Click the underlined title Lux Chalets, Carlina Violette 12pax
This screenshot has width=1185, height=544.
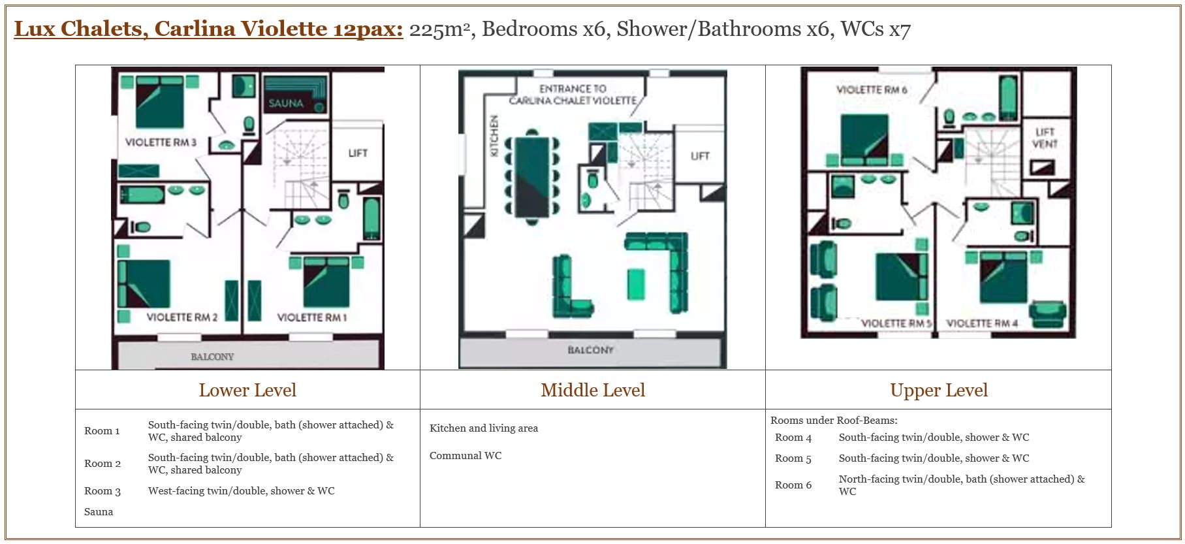209,29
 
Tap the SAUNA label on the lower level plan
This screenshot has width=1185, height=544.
286,103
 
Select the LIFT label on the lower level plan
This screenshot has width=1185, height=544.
358,153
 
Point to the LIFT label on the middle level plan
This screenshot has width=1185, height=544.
700,156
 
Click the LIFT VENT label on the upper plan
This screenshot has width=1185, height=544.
1045,138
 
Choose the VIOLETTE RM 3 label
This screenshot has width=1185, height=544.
161,142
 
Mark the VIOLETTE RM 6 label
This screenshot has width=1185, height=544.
872,89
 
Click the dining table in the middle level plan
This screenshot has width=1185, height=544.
531,176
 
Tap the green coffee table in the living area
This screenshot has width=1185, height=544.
636,284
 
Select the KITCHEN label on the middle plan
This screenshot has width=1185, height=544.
494,136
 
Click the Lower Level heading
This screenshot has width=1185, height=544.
247,391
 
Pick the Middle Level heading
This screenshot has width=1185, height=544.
593,391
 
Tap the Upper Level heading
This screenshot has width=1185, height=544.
939,391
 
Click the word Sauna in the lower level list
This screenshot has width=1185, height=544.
99,512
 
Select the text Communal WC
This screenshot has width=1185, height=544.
466,456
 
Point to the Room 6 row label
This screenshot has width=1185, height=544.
793,485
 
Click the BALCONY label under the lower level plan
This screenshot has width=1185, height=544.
212,357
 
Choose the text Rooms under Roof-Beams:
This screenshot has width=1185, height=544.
834,421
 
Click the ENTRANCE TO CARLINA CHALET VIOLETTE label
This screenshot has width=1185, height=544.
573,95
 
